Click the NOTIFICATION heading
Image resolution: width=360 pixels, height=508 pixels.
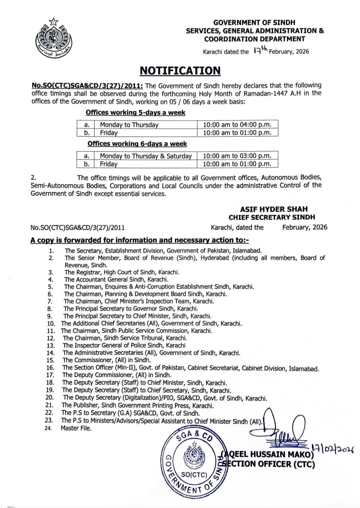tap(180, 71)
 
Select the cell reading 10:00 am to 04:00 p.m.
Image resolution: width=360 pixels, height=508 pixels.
tap(237, 125)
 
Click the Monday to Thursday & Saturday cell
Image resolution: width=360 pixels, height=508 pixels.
tap(146, 156)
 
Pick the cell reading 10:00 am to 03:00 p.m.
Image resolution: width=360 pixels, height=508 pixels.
tap(237, 156)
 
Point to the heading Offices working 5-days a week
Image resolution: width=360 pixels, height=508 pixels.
tap(135, 112)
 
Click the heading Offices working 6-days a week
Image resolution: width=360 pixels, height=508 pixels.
tap(137, 144)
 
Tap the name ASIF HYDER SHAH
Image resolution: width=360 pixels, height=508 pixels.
tap(274, 209)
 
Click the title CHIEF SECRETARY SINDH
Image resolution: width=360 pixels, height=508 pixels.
tap(272, 217)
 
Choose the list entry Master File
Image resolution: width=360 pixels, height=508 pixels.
tap(76, 428)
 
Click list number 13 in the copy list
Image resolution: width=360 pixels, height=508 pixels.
tap(50, 346)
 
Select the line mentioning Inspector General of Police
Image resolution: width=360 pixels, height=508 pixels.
tap(124, 346)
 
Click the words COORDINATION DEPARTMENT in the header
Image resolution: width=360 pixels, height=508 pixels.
tap(254, 39)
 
